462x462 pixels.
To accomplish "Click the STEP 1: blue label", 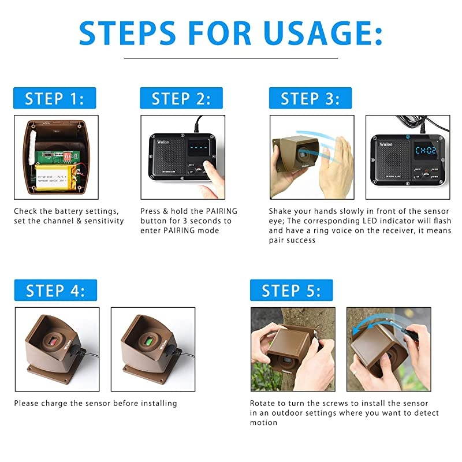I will pyautogui.click(x=54, y=98).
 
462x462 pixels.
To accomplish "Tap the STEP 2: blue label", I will pyautogui.click(x=181, y=98).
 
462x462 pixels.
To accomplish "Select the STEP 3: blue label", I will pyautogui.click(x=310, y=98).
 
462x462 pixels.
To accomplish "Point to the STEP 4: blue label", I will pyautogui.click(x=55, y=290).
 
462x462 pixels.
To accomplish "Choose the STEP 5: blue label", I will pyautogui.click(x=291, y=290).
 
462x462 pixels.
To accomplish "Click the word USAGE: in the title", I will pyautogui.click(x=321, y=33).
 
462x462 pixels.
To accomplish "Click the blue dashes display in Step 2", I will pyautogui.click(x=200, y=148).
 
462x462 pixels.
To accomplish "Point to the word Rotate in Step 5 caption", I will pyautogui.click(x=263, y=403).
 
